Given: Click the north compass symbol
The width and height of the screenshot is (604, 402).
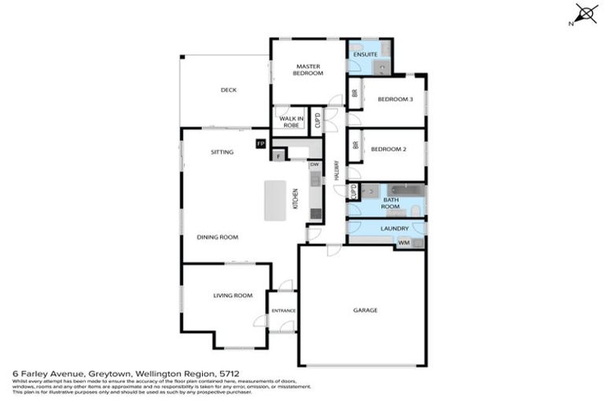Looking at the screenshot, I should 584,13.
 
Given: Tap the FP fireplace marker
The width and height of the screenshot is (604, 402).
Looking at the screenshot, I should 260,144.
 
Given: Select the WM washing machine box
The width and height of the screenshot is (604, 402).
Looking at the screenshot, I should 404,243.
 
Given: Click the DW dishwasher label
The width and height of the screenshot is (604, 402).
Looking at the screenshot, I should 314,164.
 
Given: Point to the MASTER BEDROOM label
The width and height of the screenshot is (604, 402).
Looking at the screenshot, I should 308,70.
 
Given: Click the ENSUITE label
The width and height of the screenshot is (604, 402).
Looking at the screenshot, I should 365,54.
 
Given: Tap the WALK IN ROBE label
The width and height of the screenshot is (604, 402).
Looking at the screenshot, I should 290,122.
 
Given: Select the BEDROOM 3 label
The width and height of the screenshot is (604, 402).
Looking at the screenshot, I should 395,99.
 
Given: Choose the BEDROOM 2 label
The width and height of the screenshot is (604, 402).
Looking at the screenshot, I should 389,149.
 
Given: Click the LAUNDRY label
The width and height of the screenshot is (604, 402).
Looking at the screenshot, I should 393,228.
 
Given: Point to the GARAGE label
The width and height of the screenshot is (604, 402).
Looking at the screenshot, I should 365,310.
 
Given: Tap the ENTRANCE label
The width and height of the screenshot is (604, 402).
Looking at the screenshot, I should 283,311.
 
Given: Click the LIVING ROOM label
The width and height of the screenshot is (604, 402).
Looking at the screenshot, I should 232,295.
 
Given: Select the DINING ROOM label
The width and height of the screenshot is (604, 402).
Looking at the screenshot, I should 218,236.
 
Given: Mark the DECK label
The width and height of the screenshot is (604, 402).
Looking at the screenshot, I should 228,90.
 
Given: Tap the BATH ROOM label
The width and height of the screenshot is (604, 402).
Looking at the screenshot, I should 391,203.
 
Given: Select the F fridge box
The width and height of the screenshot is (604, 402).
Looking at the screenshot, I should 278,155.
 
